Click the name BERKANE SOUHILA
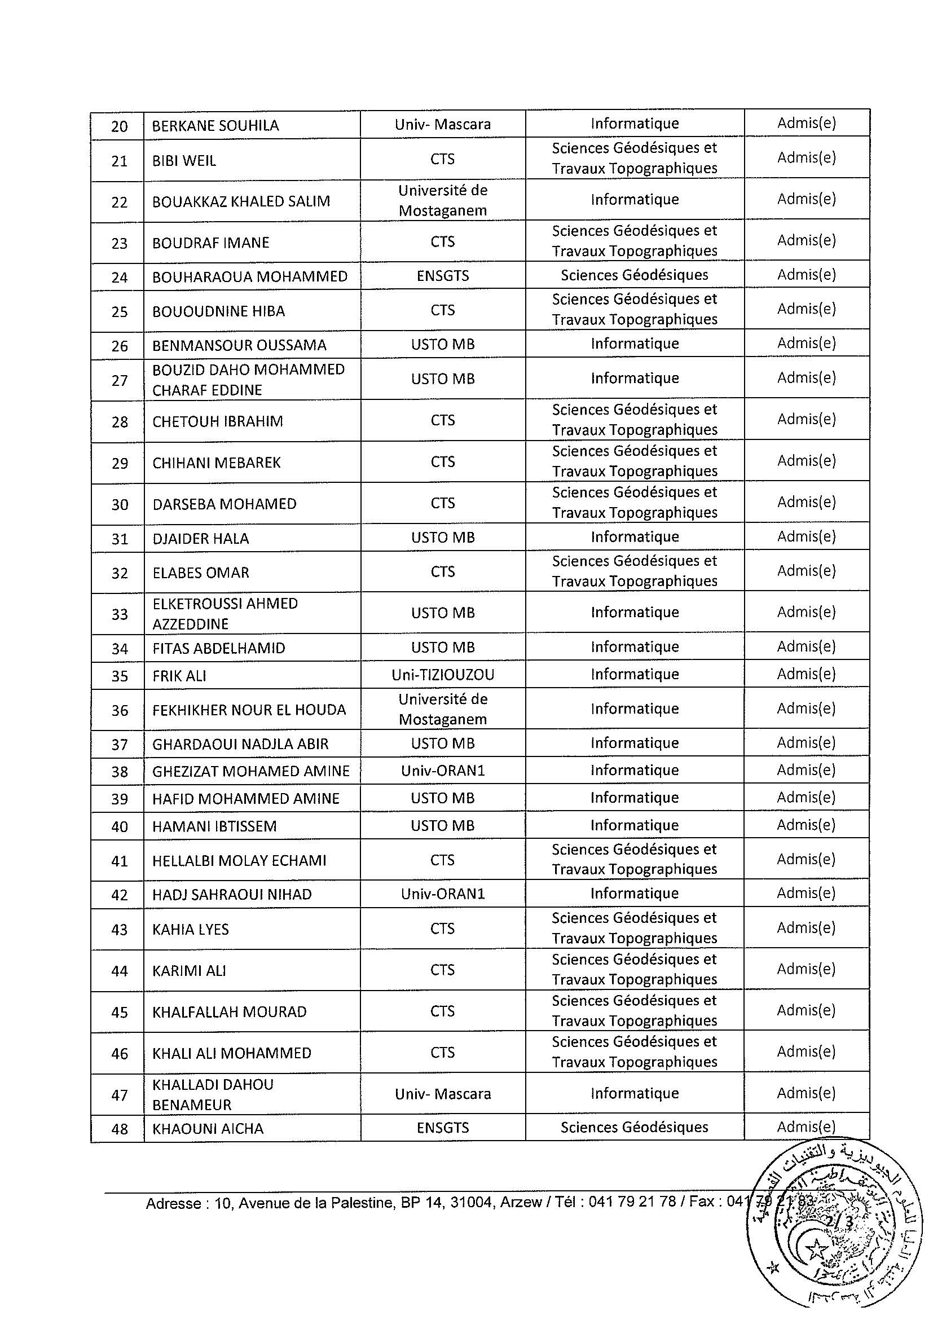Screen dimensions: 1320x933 coord(215,125)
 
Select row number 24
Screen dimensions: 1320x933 coord(119,277)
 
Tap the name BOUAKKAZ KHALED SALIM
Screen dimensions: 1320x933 coord(241,201)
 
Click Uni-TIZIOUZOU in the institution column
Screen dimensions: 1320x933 coord(443,674)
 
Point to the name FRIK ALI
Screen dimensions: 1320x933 coord(179,676)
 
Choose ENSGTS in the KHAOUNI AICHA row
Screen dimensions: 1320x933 coord(443,1128)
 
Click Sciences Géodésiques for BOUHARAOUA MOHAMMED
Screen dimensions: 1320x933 coord(634,275)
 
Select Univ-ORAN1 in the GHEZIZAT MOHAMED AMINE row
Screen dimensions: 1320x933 coord(443,771)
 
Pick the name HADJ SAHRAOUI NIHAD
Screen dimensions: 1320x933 coord(232,894)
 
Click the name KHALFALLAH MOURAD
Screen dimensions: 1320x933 coord(229,1011)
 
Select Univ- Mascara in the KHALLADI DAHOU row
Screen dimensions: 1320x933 coord(443,1093)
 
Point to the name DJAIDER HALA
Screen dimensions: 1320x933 coord(200,539)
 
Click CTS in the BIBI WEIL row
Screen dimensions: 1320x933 coord(443,159)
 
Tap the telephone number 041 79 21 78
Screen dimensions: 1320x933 coord(632,1202)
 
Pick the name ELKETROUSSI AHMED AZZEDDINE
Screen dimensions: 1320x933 coord(224,613)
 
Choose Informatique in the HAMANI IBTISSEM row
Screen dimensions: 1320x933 coord(634,825)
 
